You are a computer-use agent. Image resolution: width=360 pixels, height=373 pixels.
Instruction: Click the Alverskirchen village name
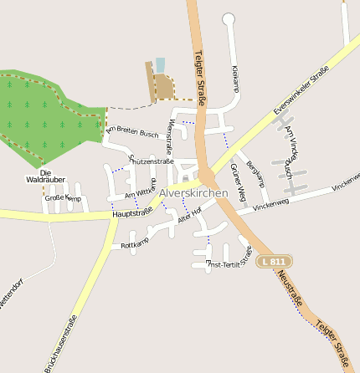(193, 193)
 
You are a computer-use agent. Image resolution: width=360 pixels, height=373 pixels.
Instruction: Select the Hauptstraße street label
(131, 213)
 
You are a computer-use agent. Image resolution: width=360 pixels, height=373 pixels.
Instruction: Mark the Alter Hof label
(191, 218)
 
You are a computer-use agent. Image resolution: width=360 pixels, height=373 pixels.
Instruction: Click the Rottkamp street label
(135, 245)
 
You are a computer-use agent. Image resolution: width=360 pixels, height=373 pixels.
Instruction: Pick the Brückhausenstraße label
(62, 343)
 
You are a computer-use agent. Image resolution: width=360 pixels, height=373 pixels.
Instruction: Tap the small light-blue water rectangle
(160, 65)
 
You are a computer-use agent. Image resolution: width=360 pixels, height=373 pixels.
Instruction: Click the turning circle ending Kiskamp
(229, 18)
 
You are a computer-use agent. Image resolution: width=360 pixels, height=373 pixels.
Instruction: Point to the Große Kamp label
(62, 198)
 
